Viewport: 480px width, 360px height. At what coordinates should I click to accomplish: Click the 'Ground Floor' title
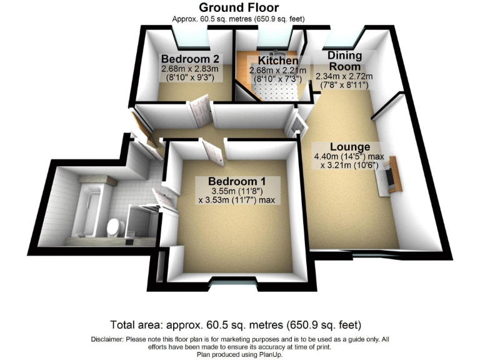point(239,8)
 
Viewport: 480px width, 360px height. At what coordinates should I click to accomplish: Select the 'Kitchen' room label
point(274,61)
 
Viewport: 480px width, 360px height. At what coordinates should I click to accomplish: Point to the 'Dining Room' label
point(345,61)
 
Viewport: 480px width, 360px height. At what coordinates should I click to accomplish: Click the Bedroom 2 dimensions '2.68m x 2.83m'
point(188,69)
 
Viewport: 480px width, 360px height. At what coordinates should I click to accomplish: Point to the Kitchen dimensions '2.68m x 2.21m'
point(274,71)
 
